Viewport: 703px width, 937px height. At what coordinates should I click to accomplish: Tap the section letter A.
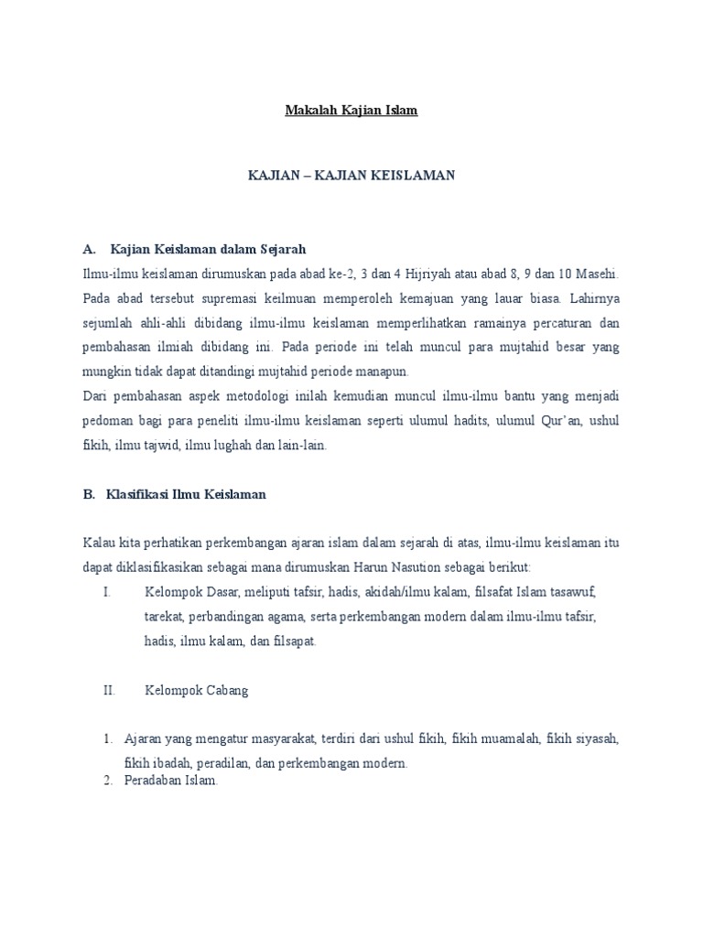(89, 248)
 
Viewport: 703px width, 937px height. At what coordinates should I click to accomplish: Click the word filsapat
(295, 641)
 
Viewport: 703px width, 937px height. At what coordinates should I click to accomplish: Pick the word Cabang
(225, 691)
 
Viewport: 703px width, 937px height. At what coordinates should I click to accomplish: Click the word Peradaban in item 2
(154, 782)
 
